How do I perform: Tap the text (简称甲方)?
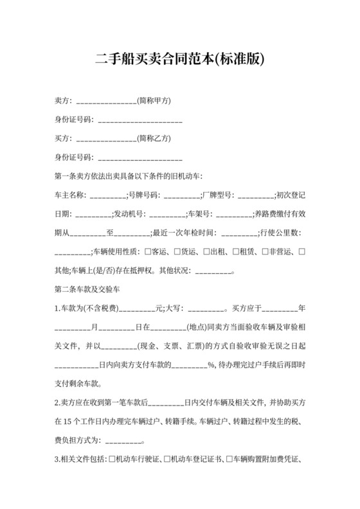click(x=154, y=101)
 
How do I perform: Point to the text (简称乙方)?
click(x=154, y=138)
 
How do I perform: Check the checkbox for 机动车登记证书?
click(x=166, y=460)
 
